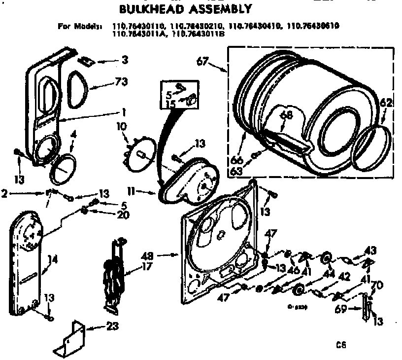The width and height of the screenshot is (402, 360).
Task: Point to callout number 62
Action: [x=387, y=104]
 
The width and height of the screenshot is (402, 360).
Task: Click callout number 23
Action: [x=114, y=326]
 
